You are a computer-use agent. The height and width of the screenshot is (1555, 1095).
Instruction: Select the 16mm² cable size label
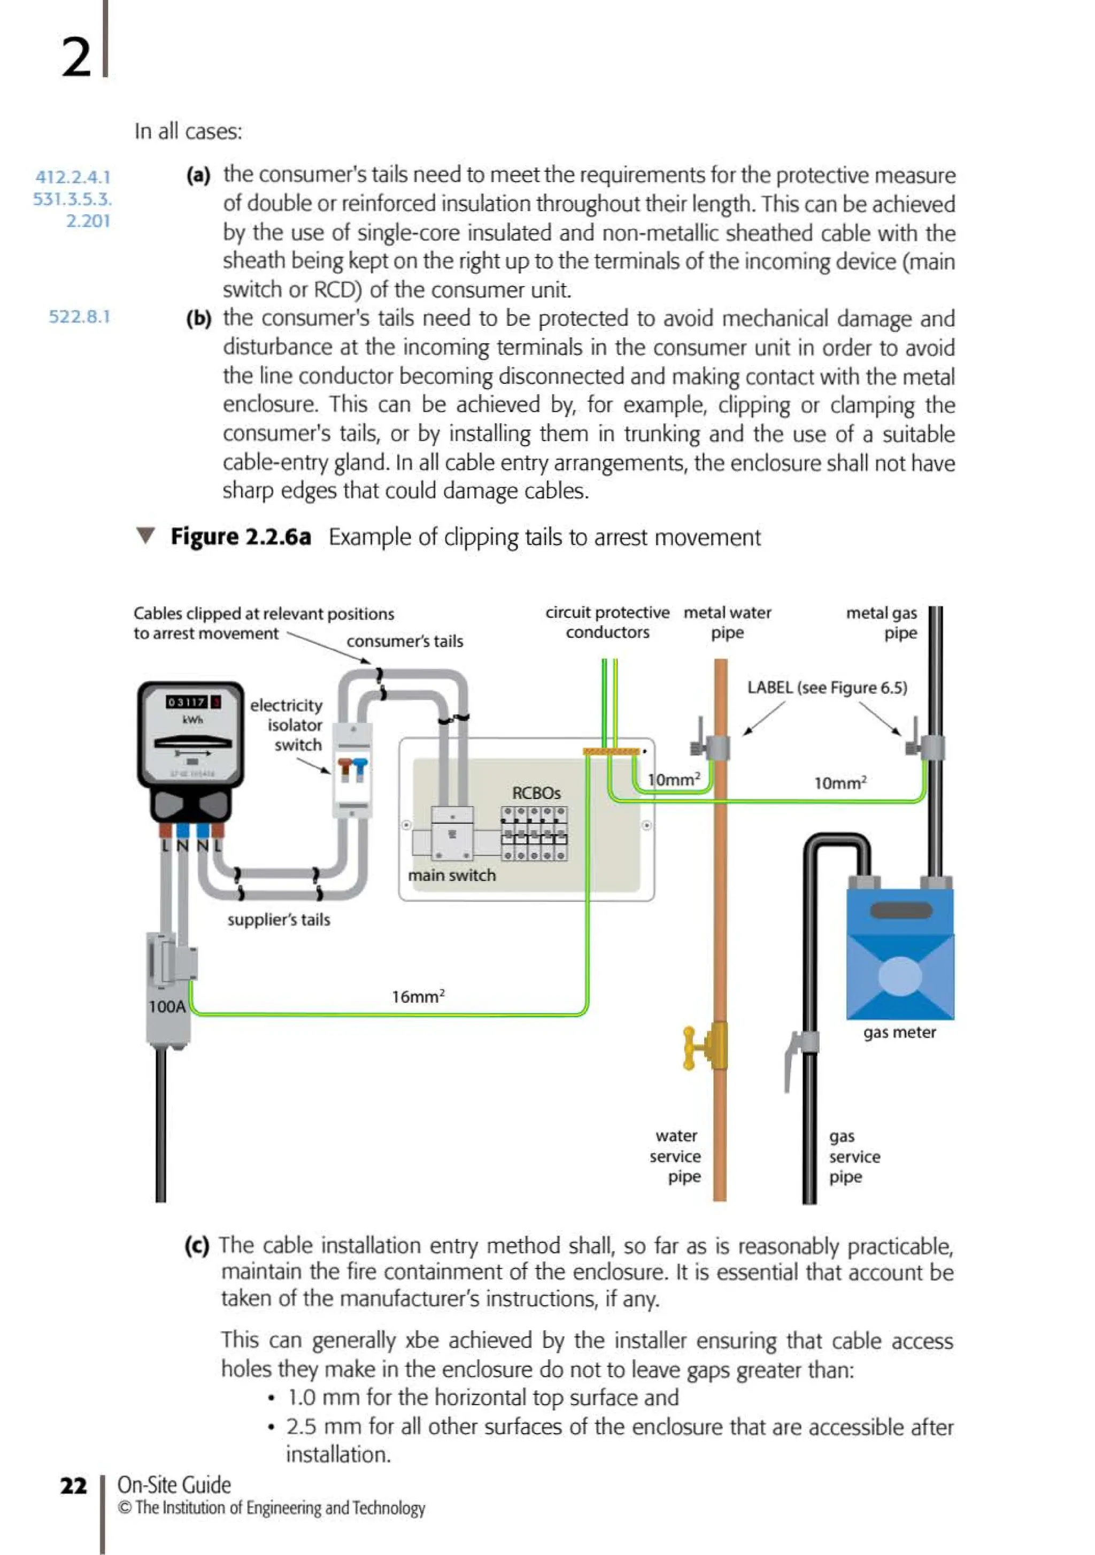pos(418,996)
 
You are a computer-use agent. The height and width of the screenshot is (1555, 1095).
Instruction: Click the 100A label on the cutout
pos(167,1006)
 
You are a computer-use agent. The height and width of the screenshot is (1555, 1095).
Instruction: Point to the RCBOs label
pos(536,792)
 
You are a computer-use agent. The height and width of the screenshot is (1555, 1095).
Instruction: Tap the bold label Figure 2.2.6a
pos(241,537)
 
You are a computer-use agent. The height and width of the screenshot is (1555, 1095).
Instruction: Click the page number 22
pos(73,1485)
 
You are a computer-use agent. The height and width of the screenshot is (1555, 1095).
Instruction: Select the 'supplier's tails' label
pos(279,920)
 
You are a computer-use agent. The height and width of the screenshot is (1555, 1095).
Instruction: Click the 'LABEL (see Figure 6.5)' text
pos(827,688)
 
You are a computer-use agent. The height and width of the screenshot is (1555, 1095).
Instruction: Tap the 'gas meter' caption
pos(899,1032)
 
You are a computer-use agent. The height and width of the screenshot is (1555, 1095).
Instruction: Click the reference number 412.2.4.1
pos(73,177)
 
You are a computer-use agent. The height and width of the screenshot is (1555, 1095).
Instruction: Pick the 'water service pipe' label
pos(676,1156)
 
